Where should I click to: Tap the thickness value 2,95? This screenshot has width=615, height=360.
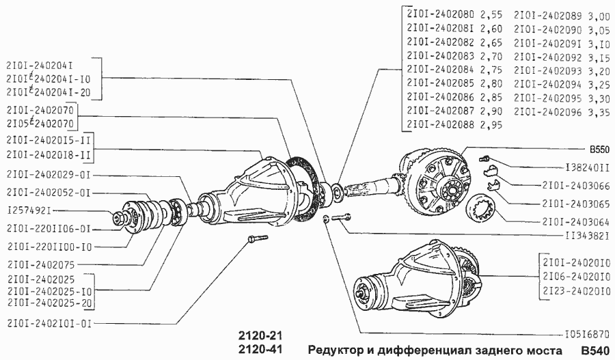click(x=492, y=124)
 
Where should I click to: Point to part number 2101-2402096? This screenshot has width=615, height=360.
click(x=548, y=111)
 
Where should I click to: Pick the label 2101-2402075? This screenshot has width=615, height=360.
click(x=40, y=263)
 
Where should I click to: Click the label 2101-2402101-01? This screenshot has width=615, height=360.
click(x=48, y=321)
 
